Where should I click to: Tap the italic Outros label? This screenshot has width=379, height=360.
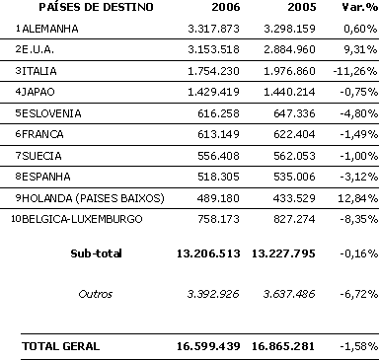(x=96, y=294)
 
